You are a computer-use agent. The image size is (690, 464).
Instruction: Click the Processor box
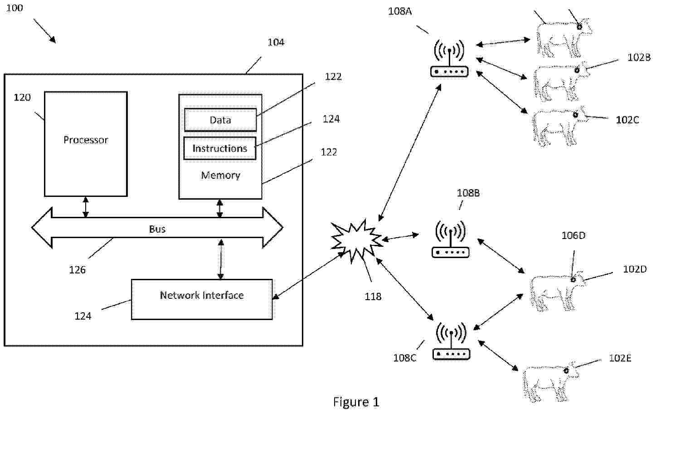86,144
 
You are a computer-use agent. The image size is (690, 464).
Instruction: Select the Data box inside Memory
220,120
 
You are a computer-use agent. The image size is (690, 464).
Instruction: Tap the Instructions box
220,148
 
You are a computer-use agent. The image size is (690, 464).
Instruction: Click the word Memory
220,175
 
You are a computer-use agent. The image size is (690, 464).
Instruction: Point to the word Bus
157,229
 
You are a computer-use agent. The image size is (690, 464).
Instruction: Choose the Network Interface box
202,299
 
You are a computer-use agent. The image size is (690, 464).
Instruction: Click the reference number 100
14,8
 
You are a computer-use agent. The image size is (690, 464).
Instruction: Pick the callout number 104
276,42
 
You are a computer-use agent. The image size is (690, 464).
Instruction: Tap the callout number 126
77,270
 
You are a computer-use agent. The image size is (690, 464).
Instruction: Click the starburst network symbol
356,240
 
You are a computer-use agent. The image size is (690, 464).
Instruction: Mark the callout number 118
373,297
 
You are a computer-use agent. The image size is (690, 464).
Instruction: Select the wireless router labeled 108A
449,59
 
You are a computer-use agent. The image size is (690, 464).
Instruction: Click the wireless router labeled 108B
450,239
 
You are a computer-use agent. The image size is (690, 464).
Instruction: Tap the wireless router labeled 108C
451,342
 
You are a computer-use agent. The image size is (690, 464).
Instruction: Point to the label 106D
573,235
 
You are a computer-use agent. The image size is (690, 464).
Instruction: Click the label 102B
639,57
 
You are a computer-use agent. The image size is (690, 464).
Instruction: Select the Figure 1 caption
356,402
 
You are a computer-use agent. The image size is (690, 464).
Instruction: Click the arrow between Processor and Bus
86,207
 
